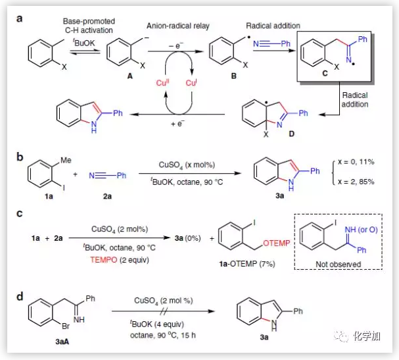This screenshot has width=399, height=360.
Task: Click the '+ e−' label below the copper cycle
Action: coord(176,124)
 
